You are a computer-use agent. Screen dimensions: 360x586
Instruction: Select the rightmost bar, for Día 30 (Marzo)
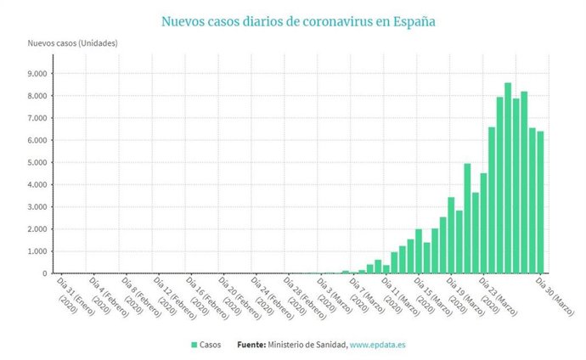[x=540, y=203]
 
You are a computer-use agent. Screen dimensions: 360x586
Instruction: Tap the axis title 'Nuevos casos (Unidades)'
[x=72, y=42]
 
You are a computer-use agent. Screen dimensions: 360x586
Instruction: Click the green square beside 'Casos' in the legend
[x=194, y=345]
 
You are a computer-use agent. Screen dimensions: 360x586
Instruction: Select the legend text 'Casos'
[x=211, y=345]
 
